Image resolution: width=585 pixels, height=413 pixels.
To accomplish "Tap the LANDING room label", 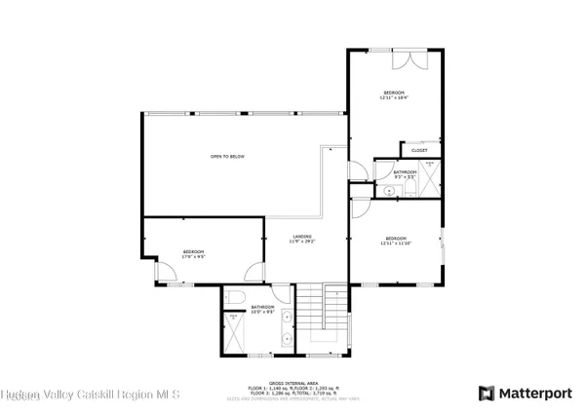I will pos(302,237).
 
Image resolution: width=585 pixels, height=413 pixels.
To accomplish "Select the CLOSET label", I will pos(419,151).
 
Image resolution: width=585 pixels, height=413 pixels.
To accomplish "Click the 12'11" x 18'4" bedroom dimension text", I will pos(394,97).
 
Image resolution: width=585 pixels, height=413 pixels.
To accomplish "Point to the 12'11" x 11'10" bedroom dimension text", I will pos(395,244).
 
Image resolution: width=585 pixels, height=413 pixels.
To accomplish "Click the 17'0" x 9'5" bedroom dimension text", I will pos(194,257).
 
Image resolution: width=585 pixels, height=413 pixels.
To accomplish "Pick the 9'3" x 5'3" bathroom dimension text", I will pos(405,176).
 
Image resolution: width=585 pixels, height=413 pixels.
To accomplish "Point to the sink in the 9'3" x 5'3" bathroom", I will pos(389,191).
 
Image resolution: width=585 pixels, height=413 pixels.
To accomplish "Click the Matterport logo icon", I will pos(486,394).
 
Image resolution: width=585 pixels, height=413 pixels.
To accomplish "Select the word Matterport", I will pos(535,394).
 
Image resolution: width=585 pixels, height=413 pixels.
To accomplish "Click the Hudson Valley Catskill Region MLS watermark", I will pos(91,394).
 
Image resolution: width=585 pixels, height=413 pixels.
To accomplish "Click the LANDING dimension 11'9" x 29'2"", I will pos(302,242).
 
